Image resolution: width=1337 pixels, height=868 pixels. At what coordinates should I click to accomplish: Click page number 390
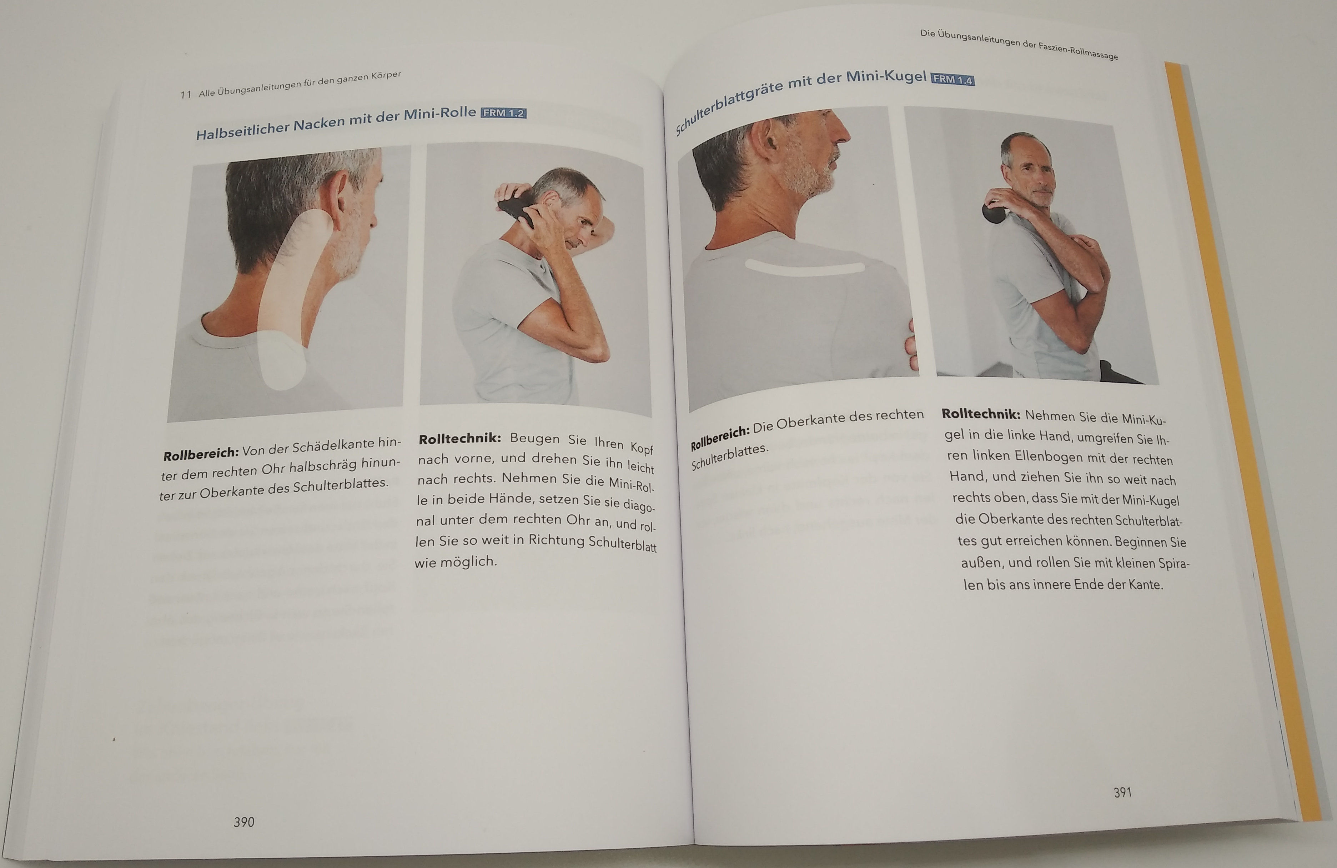244,822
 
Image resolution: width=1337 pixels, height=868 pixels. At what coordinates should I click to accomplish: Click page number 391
1122,792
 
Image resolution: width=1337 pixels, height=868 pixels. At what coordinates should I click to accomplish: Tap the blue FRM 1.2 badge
503,113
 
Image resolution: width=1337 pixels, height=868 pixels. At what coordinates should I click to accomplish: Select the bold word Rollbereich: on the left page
201,454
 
